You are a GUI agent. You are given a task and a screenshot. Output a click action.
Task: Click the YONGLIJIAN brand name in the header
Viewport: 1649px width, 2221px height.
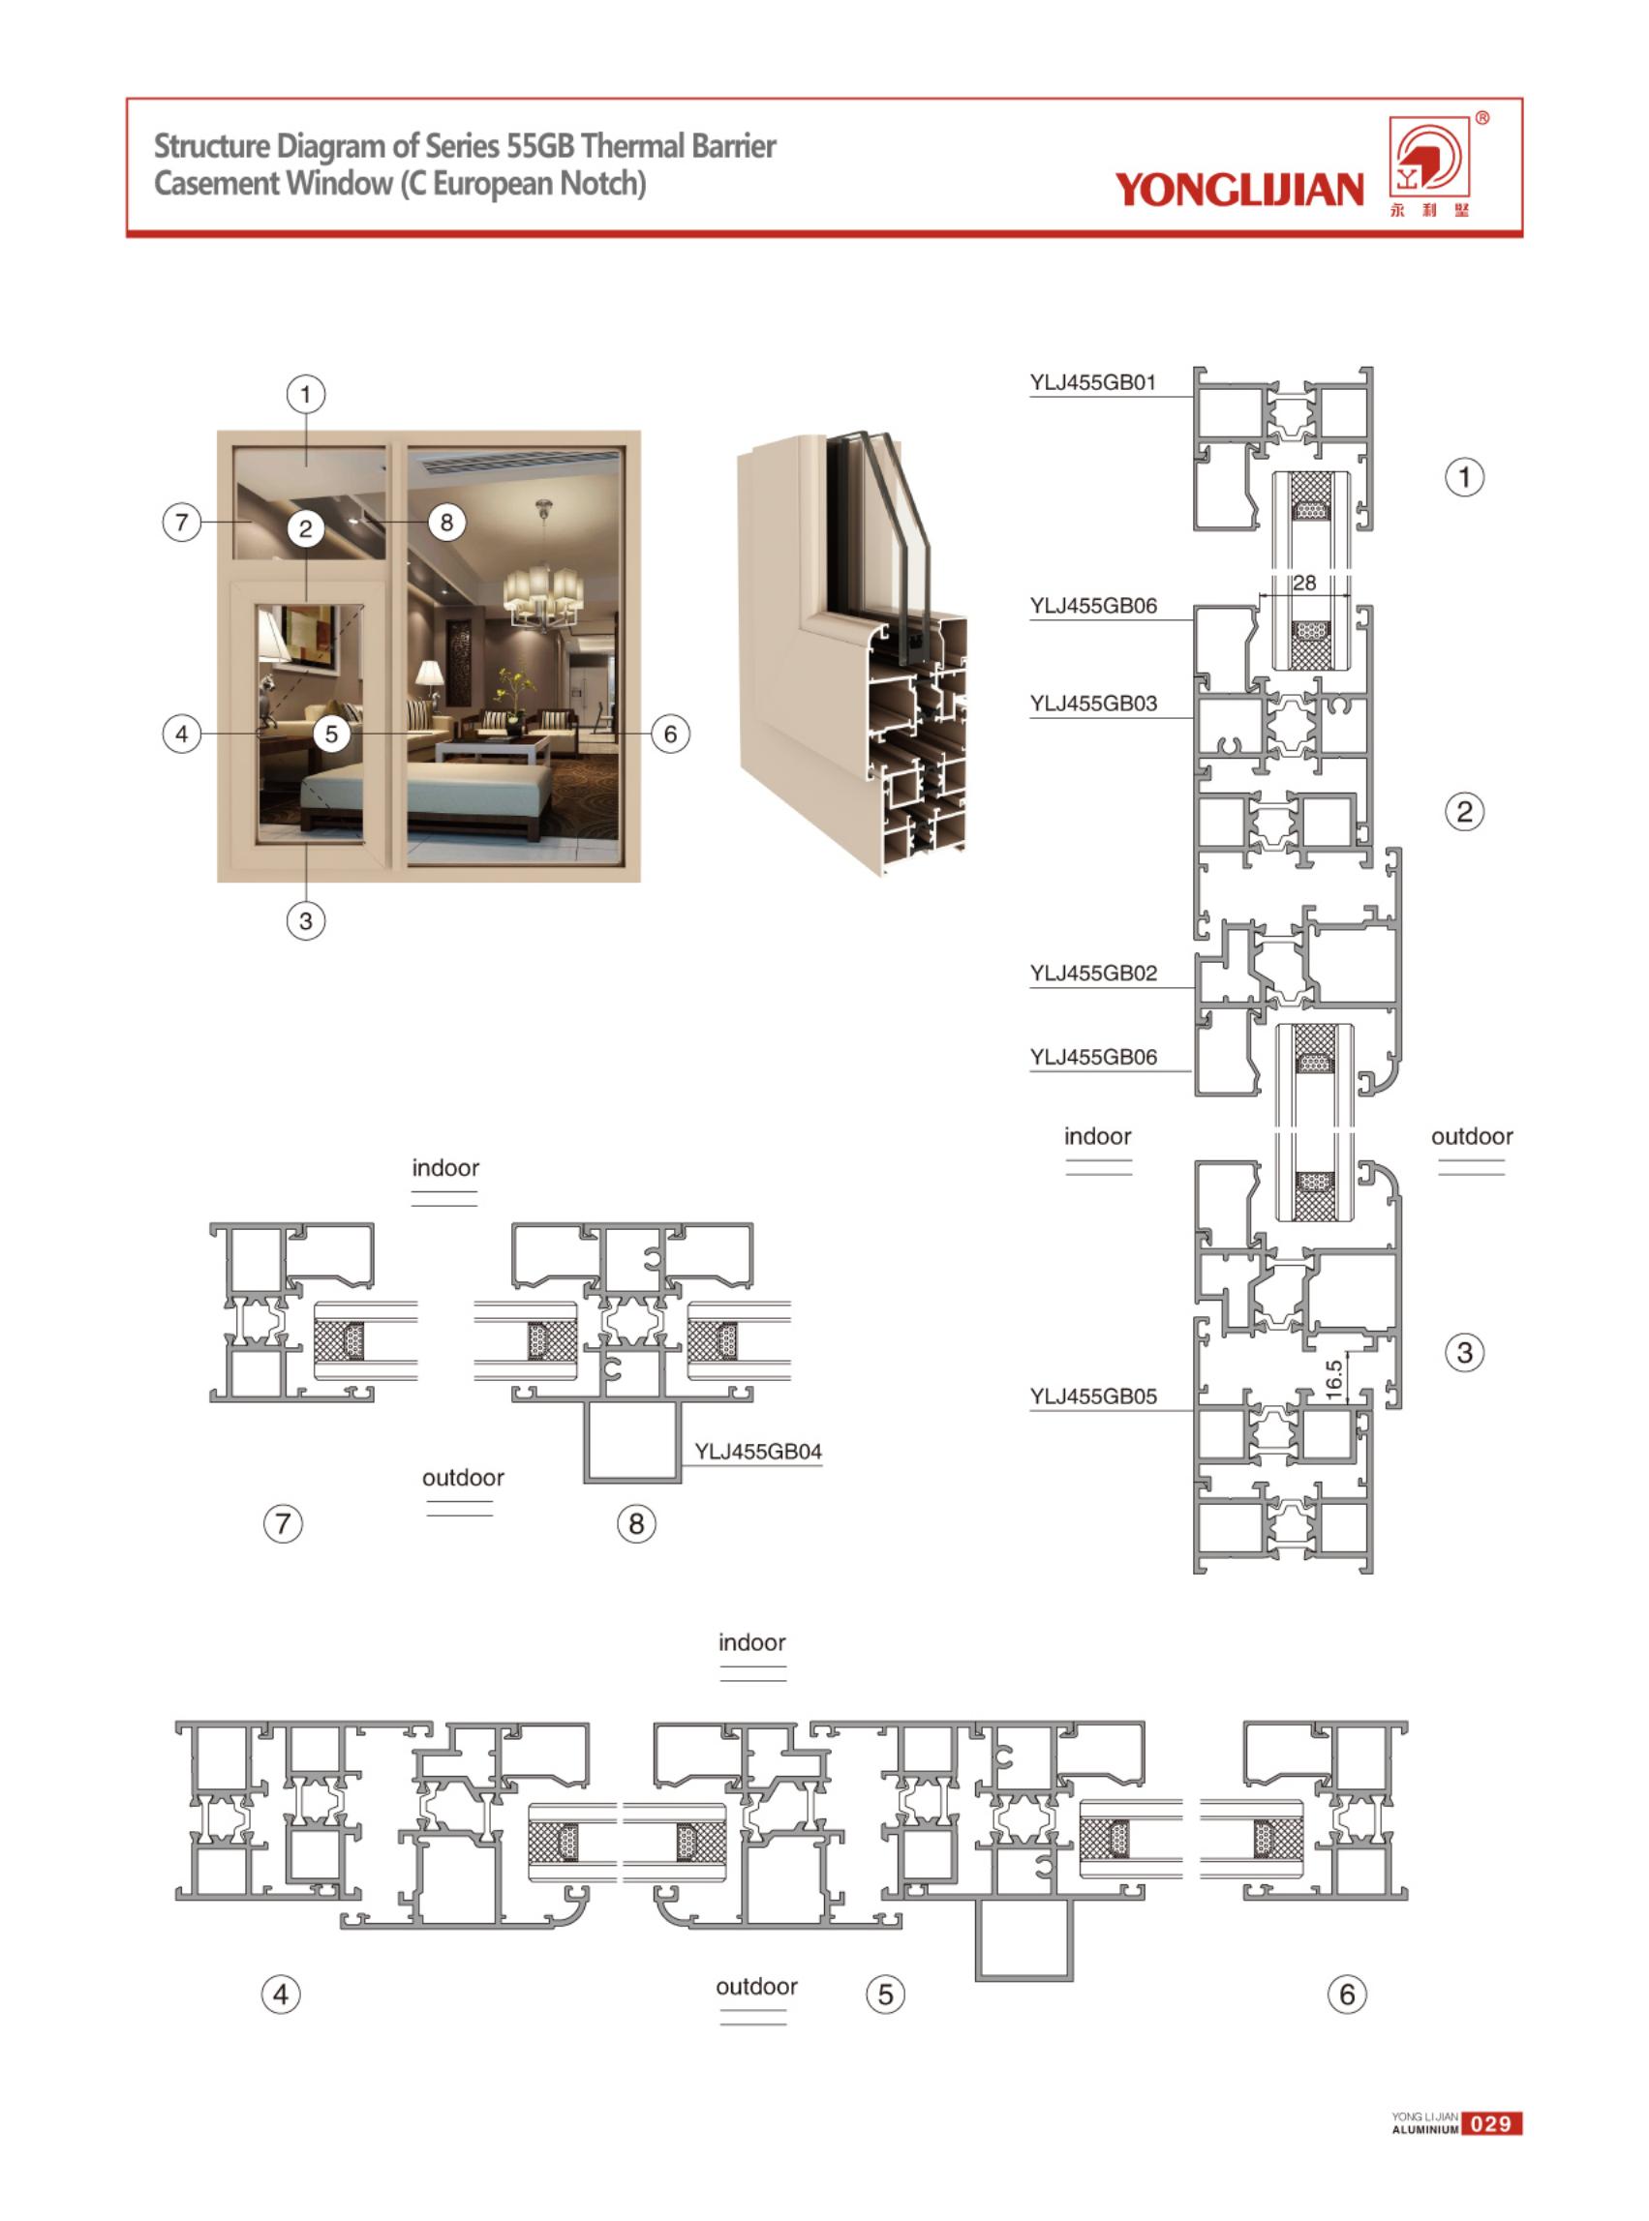click(1238, 189)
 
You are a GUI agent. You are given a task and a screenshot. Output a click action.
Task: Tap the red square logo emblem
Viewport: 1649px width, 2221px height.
click(1430, 157)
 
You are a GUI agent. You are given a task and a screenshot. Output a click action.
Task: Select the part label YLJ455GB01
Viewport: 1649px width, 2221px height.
click(1093, 382)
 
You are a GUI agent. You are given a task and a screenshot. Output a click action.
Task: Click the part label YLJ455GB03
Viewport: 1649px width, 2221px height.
click(1093, 704)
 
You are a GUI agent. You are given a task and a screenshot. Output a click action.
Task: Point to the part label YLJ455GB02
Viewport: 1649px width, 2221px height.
click(1093, 973)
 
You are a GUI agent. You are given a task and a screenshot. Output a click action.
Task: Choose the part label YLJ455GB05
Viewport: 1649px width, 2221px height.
click(1093, 1396)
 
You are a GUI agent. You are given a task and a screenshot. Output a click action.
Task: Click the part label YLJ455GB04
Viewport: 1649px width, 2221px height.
click(757, 1452)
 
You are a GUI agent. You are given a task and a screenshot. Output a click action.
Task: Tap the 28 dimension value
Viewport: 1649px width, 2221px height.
click(1303, 583)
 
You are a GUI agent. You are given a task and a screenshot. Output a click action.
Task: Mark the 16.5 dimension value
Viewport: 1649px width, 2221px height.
click(1333, 1380)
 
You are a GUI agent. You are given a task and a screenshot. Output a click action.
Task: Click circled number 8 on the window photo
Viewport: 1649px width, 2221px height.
click(446, 522)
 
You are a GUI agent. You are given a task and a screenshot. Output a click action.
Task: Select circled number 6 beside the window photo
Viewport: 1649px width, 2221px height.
click(670, 735)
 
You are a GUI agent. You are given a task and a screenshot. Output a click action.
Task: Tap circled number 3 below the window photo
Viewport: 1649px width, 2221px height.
click(305, 920)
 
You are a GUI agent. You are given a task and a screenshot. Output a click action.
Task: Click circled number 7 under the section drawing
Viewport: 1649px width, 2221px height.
click(283, 1523)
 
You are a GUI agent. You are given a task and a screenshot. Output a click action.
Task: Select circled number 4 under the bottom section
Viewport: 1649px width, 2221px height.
click(281, 1995)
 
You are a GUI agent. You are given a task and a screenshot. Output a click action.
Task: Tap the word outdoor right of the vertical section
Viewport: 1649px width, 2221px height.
click(1472, 1136)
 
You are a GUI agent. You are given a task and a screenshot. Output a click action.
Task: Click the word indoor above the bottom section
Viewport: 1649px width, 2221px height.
click(751, 1642)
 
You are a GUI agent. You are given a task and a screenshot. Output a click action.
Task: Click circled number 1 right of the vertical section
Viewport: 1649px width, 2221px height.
click(1464, 477)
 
